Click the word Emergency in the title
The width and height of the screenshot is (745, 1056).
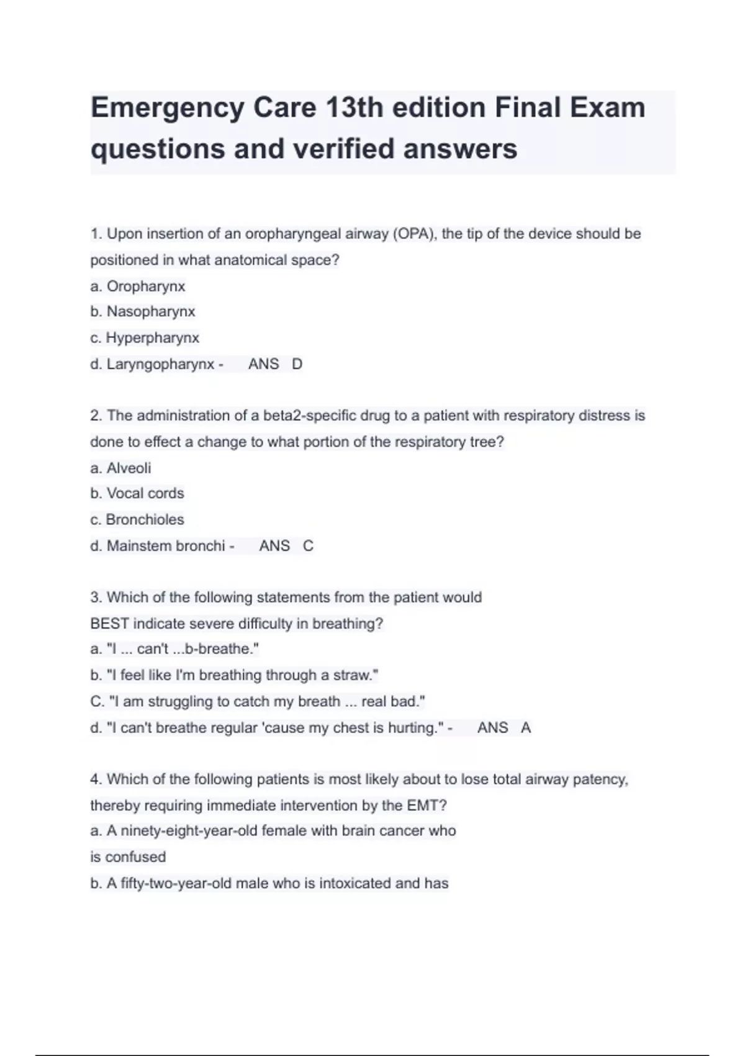(x=168, y=108)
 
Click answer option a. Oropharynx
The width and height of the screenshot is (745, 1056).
(x=138, y=286)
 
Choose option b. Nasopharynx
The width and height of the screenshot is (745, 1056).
(x=143, y=311)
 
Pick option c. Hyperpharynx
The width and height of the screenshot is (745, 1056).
(x=145, y=338)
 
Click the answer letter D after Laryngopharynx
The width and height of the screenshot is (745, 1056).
(x=297, y=364)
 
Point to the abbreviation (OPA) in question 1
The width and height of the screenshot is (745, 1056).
(x=414, y=234)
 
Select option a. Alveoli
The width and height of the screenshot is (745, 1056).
(x=120, y=468)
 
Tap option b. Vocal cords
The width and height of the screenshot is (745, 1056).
(x=137, y=493)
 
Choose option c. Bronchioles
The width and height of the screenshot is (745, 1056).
(x=137, y=519)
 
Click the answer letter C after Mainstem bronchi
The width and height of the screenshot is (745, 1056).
(x=308, y=546)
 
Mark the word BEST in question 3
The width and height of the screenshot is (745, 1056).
(x=109, y=624)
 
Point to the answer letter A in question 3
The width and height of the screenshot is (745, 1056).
(x=526, y=728)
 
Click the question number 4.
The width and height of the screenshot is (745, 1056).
(x=96, y=780)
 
